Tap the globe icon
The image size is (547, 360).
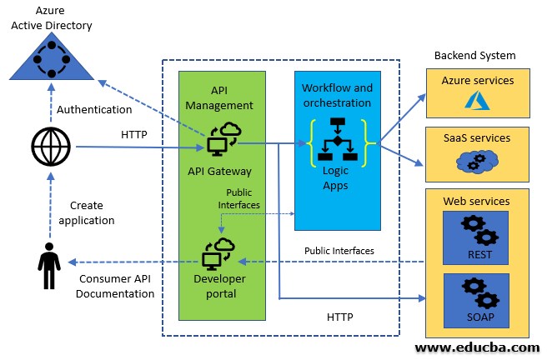point(52,148)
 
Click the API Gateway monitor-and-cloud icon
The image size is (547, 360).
point(221,141)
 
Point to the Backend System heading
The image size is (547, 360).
point(474,56)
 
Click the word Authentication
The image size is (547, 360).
point(93,109)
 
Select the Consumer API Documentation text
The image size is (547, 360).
point(117,286)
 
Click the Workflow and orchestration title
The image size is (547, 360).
point(337,95)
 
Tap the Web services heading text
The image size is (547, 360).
point(477,202)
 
